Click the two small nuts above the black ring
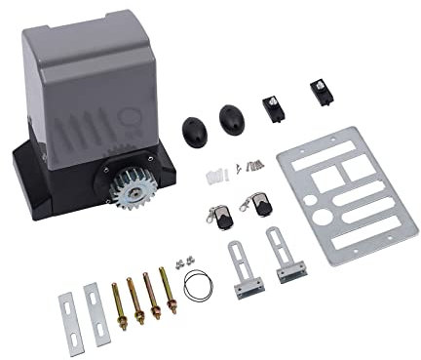pos(180,261)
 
